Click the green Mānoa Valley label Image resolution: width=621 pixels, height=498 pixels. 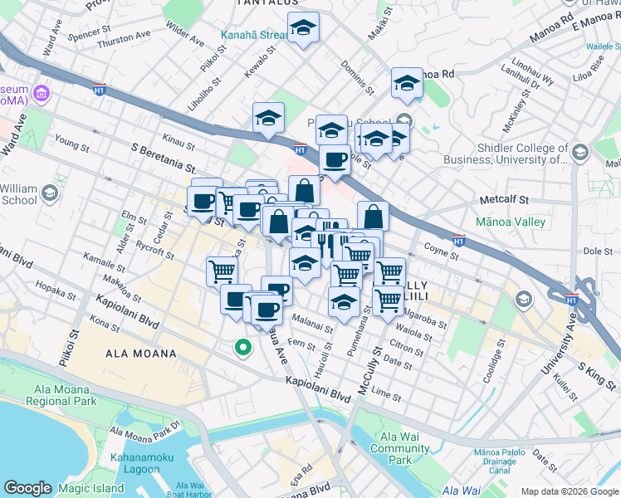[x=511, y=222]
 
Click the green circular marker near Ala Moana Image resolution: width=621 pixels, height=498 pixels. [x=242, y=349]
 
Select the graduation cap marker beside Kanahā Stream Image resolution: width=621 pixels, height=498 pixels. [x=304, y=29]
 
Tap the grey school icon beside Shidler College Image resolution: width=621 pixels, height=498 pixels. [x=579, y=152]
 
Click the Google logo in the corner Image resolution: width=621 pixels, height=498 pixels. [x=27, y=488]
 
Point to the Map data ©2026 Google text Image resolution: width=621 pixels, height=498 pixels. [x=570, y=491]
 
